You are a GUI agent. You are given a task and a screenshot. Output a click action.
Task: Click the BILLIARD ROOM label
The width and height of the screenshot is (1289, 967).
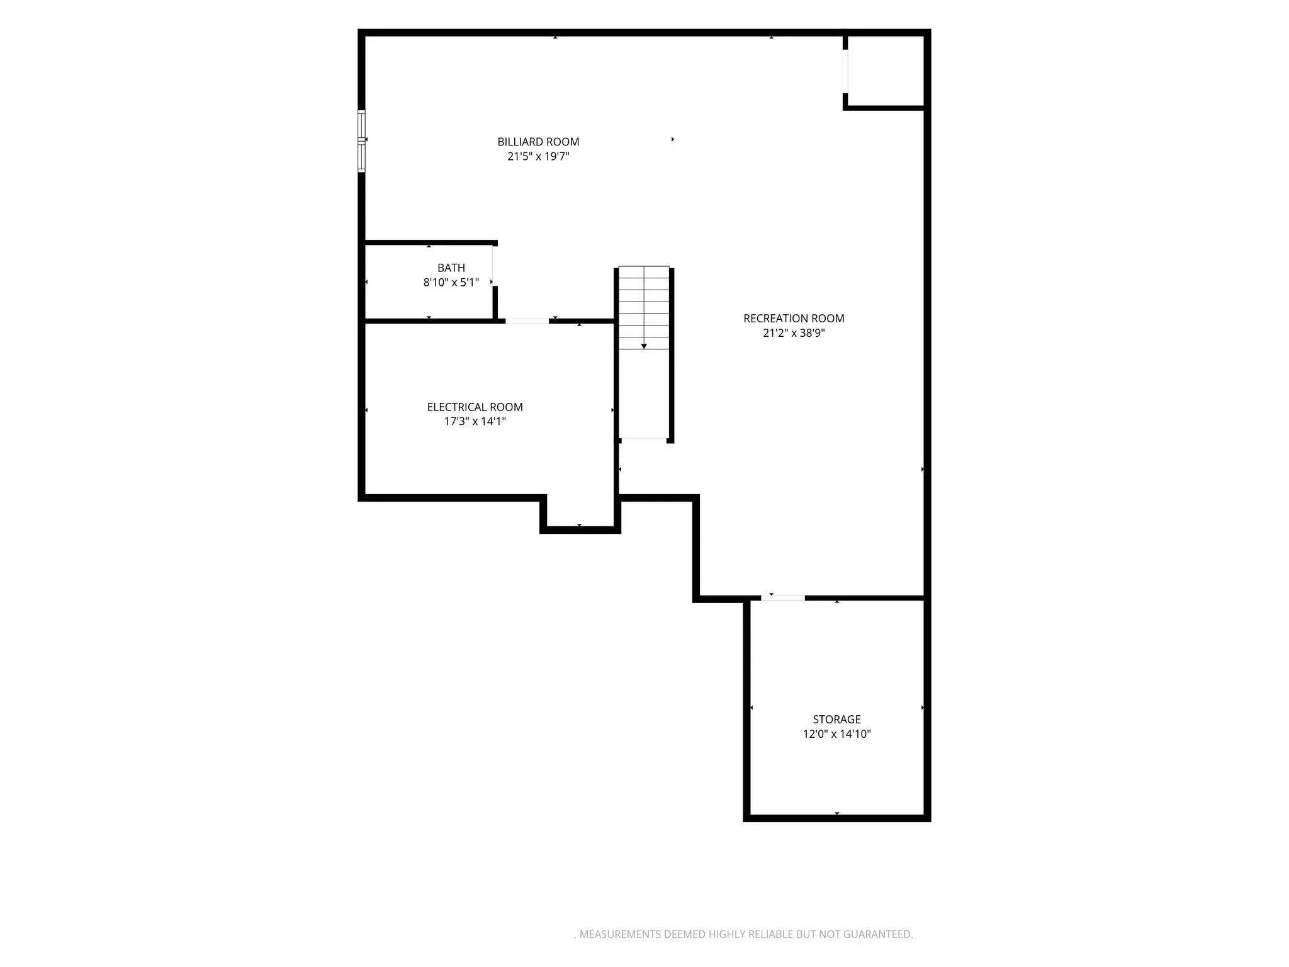point(538,142)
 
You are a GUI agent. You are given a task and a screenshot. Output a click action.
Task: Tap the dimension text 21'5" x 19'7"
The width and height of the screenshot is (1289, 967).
point(538,156)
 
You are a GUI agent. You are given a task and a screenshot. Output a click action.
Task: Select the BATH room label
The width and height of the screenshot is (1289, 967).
point(451,268)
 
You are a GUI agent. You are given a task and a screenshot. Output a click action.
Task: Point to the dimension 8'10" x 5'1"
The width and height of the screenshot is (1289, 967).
point(451,283)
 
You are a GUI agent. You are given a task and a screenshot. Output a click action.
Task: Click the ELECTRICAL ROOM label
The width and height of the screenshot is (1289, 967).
point(475,407)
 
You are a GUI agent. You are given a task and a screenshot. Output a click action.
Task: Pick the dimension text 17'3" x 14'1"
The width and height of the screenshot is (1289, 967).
point(475,421)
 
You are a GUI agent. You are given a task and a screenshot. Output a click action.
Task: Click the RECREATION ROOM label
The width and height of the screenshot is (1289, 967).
point(794,319)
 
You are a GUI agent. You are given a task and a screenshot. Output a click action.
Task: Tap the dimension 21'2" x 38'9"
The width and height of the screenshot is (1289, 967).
point(794,333)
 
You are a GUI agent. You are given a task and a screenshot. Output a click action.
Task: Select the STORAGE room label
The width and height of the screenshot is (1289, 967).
point(836,720)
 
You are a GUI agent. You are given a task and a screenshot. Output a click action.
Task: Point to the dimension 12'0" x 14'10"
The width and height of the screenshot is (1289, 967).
point(836,734)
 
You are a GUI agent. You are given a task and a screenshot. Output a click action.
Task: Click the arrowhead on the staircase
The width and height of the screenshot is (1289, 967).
point(644,346)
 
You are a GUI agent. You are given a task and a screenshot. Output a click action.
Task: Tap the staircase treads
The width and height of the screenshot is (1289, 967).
point(644,308)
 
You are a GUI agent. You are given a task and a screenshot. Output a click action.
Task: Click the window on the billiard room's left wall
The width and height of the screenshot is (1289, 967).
point(361,141)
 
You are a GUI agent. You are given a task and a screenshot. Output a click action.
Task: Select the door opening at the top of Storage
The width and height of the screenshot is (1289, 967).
point(783,597)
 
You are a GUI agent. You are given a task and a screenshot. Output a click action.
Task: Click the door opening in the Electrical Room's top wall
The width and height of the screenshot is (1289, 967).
point(527,321)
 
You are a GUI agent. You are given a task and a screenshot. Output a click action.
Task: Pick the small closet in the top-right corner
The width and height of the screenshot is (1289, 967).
point(886,71)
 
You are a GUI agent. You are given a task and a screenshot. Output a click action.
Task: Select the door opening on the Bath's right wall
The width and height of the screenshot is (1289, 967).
point(493,266)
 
